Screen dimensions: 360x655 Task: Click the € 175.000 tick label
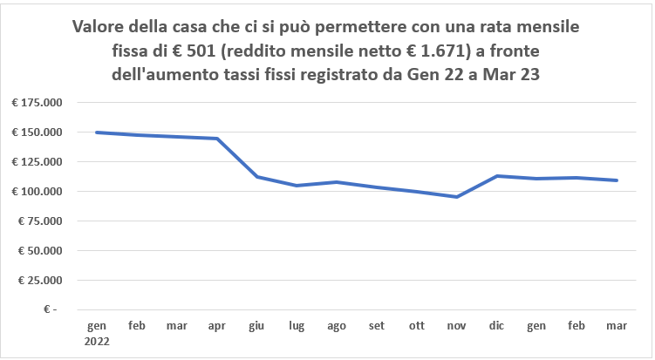click(37, 103)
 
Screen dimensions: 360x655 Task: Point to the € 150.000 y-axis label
click(37, 132)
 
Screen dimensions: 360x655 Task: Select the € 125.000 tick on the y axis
click(37, 162)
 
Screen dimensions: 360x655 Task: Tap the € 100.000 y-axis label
click(37, 192)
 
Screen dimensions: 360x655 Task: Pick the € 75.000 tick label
click(39, 221)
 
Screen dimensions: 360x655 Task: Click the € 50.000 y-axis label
click(39, 251)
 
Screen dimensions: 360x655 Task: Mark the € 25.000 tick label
click(39, 281)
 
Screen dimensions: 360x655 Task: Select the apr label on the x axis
click(216, 326)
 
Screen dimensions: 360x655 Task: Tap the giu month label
click(256, 326)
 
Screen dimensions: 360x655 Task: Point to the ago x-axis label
click(337, 326)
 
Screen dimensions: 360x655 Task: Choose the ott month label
click(417, 326)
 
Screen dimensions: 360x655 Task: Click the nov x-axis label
click(457, 326)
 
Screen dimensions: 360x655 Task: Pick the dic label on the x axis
click(497, 326)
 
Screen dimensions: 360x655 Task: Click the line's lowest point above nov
click(457, 197)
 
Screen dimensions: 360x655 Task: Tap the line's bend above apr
click(216, 139)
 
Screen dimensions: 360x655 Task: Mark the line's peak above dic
click(497, 176)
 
